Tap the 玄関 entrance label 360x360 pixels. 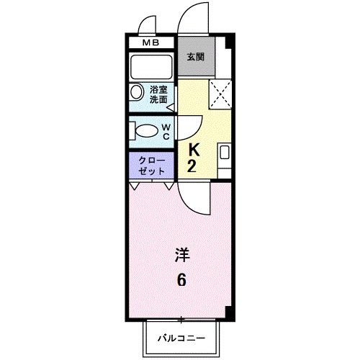(x=195, y=56)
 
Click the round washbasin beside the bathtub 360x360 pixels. (x=137, y=93)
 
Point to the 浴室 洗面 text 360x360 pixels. (x=158, y=96)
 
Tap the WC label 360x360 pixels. (x=165, y=131)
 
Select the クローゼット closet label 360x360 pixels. (x=151, y=165)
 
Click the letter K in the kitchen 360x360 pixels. (x=194, y=150)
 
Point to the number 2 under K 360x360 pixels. (x=193, y=168)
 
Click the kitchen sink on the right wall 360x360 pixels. (x=224, y=153)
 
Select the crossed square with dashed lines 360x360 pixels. (x=220, y=94)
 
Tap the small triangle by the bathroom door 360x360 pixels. (x=171, y=108)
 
